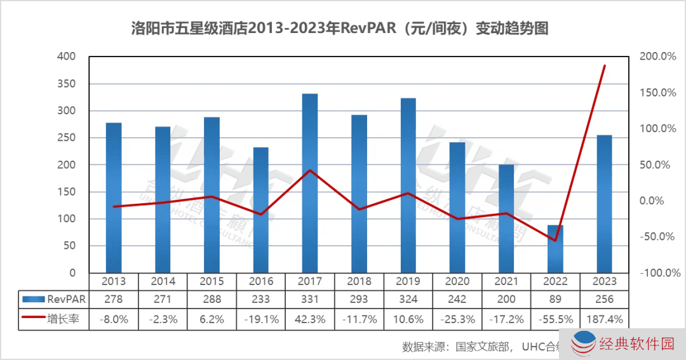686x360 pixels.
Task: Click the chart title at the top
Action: pos(339,29)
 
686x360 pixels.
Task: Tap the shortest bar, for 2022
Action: pos(555,248)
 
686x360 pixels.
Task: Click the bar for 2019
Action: pos(408,185)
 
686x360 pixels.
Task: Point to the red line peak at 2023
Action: pos(604,65)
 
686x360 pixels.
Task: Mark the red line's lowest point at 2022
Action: pos(555,241)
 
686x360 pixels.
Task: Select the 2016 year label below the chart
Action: pos(260,281)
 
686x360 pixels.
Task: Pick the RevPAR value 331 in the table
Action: pos(309,298)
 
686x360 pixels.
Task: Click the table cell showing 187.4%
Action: pos(604,319)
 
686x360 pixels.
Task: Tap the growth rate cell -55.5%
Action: pos(555,319)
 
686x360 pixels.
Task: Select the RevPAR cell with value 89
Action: pos(555,298)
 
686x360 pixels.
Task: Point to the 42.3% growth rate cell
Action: pos(309,319)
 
